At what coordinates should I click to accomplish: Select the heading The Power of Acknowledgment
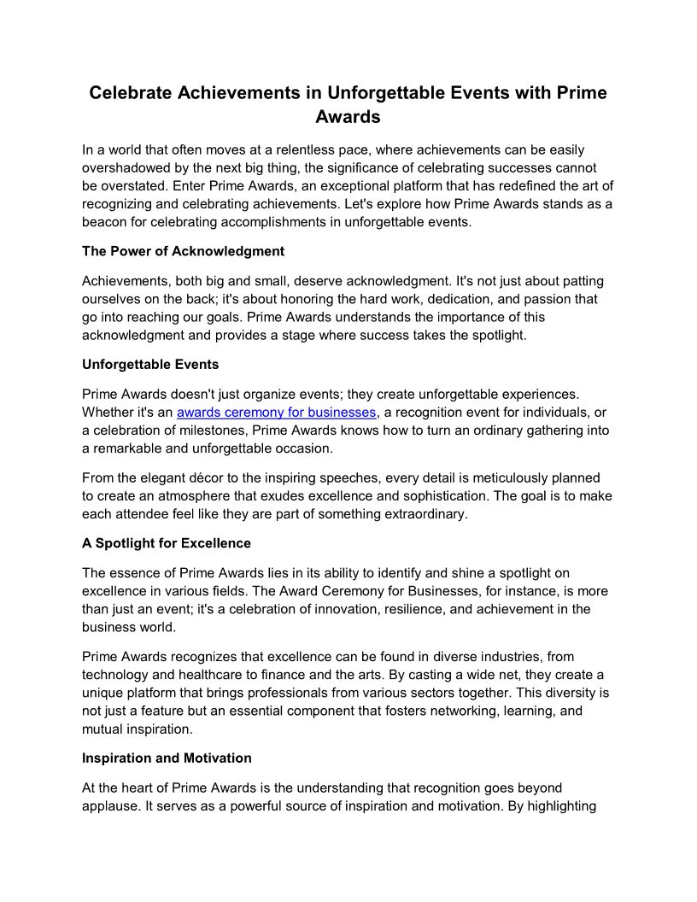point(183,251)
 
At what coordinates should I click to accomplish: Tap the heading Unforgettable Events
point(150,364)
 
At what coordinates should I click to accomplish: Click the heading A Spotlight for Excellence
point(167,543)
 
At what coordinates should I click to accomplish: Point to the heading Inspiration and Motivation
point(167,758)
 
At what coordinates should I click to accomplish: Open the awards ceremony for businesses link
point(276,413)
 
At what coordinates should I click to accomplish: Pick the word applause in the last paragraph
point(110,805)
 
